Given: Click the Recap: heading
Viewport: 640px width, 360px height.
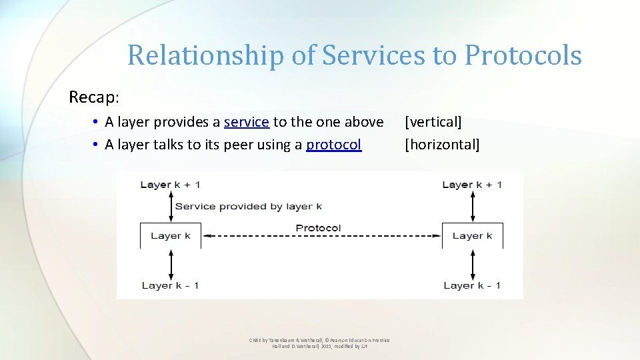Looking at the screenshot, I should pos(94,97).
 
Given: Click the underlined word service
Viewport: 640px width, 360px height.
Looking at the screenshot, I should pos(247,122).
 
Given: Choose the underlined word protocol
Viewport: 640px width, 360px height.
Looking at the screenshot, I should pos(334,145).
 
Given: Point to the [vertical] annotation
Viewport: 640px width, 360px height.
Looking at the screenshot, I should pos(433,122).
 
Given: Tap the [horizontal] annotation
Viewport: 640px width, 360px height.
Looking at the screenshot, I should pos(442,145).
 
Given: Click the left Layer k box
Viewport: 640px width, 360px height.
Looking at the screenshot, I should pos(171,235).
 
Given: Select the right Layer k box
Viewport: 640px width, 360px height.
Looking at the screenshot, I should pos(472,235).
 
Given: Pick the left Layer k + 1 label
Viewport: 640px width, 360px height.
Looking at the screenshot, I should pos(170,185).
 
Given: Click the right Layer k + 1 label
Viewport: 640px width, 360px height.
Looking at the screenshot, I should pos(472,185).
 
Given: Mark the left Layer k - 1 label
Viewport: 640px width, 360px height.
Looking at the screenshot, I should pos(170,285).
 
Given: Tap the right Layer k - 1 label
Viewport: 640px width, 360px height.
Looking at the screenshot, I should pos(472,285).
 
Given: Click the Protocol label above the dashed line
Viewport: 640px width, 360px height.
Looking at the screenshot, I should pos(319,228).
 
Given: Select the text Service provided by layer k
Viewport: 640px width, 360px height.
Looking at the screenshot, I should pos(249,206).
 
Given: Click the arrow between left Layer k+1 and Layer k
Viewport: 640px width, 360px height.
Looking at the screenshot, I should pos(171,206).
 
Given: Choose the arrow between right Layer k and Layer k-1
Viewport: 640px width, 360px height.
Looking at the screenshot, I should pos(473,265).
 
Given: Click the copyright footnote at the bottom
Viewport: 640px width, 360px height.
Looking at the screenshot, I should pos(319,343).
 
